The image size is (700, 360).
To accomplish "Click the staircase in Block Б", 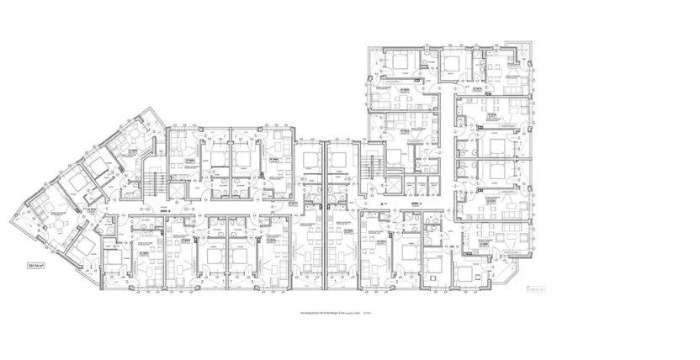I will click(x=154, y=180).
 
